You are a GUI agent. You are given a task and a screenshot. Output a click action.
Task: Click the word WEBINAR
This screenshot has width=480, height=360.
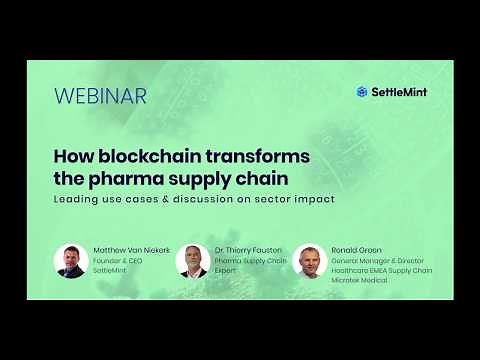(x=100, y=97)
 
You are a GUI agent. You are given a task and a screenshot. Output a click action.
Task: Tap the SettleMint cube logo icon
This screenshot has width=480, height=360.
(x=363, y=92)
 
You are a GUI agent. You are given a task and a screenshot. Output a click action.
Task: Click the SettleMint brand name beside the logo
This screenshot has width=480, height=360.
(x=399, y=92)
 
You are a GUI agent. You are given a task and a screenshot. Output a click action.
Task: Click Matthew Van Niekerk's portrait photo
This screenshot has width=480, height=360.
(x=70, y=260)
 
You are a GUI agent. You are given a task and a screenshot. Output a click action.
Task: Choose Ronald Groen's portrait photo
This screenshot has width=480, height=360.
(x=310, y=260)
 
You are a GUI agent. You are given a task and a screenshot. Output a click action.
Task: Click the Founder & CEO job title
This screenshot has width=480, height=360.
(x=119, y=261)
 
